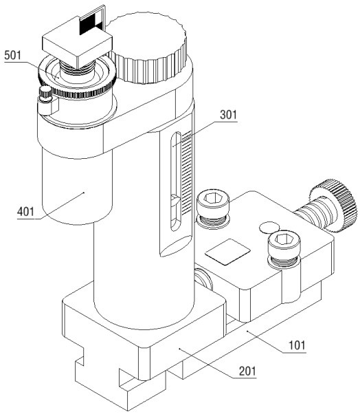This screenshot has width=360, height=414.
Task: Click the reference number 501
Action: (x=12, y=56)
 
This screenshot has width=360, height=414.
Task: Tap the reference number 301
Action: (x=229, y=115)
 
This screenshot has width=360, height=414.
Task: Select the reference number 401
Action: (x=25, y=212)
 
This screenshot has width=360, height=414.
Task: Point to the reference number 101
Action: (x=297, y=345)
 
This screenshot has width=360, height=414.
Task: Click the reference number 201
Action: (x=247, y=371)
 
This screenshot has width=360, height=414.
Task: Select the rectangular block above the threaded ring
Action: (x=77, y=43)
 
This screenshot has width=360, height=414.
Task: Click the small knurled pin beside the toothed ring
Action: (x=45, y=94)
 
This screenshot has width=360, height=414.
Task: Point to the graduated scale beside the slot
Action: (x=186, y=173)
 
